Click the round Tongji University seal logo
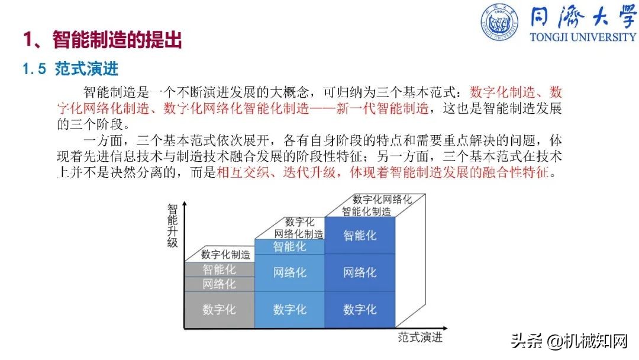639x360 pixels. (501, 23)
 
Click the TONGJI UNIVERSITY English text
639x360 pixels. (583, 37)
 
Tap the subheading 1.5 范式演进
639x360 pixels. (70, 69)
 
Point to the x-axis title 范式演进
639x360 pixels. (420, 337)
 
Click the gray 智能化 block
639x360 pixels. (219, 269)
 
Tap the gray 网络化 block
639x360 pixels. (219, 284)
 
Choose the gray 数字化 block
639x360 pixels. (219, 309)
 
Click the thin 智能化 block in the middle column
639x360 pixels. (289, 247)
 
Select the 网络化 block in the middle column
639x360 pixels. (289, 272)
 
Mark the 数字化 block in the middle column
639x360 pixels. (289, 309)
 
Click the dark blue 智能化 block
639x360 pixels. (360, 236)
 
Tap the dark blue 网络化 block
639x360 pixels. (360, 272)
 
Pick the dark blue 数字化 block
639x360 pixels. (360, 309)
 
